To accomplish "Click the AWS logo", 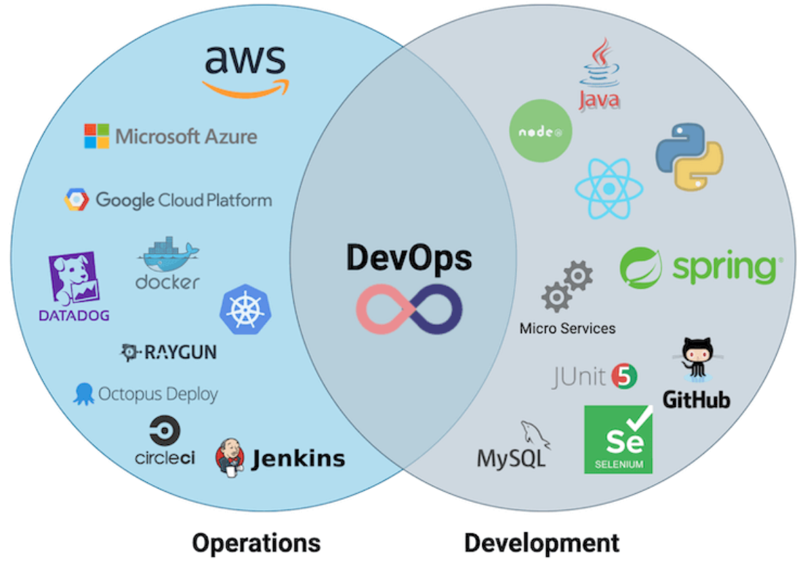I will point(245,68).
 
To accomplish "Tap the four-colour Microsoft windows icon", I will point(96,136).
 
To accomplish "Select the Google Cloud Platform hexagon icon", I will point(77,199).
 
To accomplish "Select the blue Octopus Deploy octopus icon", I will point(84,393).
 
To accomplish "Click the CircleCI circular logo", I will point(165,431).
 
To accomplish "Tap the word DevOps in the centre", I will point(409,258).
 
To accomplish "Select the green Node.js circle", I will point(540,130).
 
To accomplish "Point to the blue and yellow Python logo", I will point(689,156).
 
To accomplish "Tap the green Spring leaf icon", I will point(640,267).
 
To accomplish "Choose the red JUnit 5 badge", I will point(624,376).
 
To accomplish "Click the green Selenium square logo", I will point(618,440).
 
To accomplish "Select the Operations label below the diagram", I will point(255,543).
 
